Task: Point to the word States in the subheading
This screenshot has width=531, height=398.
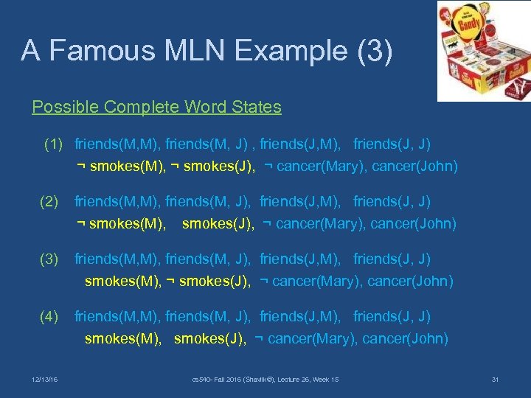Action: [254, 107]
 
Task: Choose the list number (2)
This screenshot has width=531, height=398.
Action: [49, 201]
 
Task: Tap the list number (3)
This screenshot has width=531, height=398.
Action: [49, 259]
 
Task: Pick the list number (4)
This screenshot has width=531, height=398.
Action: [49, 316]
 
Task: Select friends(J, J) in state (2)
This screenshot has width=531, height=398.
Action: [392, 201]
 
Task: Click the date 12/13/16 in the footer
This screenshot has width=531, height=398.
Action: [45, 380]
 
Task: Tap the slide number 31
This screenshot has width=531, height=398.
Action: [495, 380]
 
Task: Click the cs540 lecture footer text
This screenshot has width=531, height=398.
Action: [265, 380]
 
